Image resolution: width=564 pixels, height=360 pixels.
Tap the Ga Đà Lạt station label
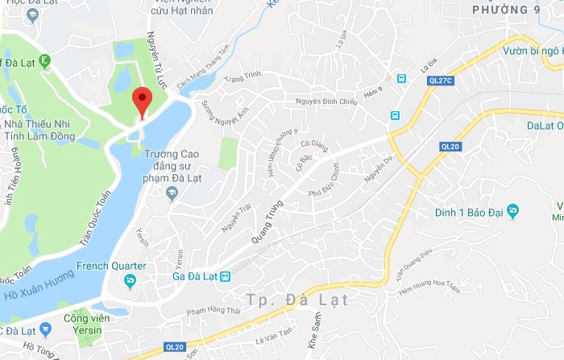click(x=196, y=275)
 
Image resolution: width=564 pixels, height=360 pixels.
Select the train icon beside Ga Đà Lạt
click(x=226, y=275)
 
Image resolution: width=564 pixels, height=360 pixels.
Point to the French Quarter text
click(x=111, y=266)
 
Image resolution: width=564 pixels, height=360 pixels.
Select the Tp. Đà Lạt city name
click(x=297, y=300)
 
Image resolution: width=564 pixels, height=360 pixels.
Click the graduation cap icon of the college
click(x=171, y=192)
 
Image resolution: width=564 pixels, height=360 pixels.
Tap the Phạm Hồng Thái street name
click(x=214, y=310)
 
